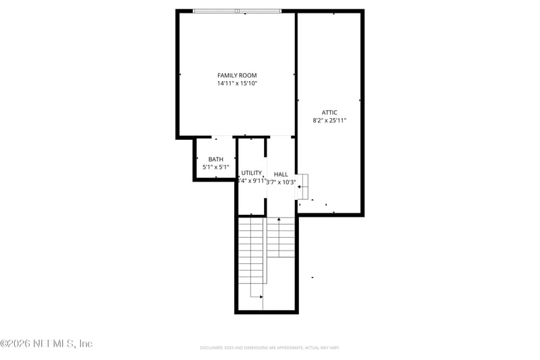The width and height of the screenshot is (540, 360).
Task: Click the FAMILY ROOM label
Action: coord(237,75)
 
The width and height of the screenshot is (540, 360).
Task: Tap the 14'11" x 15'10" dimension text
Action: coord(237,84)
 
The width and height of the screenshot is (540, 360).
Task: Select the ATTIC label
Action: coord(329,112)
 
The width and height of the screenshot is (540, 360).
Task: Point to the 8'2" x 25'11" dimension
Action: coord(329,121)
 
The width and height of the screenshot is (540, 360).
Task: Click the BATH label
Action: coord(216,159)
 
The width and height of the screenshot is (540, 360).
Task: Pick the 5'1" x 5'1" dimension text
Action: coord(216,167)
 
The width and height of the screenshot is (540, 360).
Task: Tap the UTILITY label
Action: coord(251,173)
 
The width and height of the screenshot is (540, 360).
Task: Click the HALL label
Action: coord(281,174)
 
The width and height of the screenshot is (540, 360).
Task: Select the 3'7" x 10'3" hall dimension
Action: coord(281,182)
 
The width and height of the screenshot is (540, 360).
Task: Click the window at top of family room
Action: coord(237,11)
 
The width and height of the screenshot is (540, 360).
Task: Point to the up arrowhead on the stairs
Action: coord(279,220)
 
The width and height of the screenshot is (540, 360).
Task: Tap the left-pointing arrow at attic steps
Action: coord(299,186)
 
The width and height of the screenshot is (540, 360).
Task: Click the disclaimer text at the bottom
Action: coord(269,348)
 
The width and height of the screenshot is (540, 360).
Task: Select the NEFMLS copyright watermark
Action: coord(47,344)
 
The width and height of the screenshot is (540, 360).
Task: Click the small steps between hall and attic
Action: coord(303,186)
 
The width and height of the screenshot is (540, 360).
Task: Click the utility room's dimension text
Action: coord(252,181)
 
